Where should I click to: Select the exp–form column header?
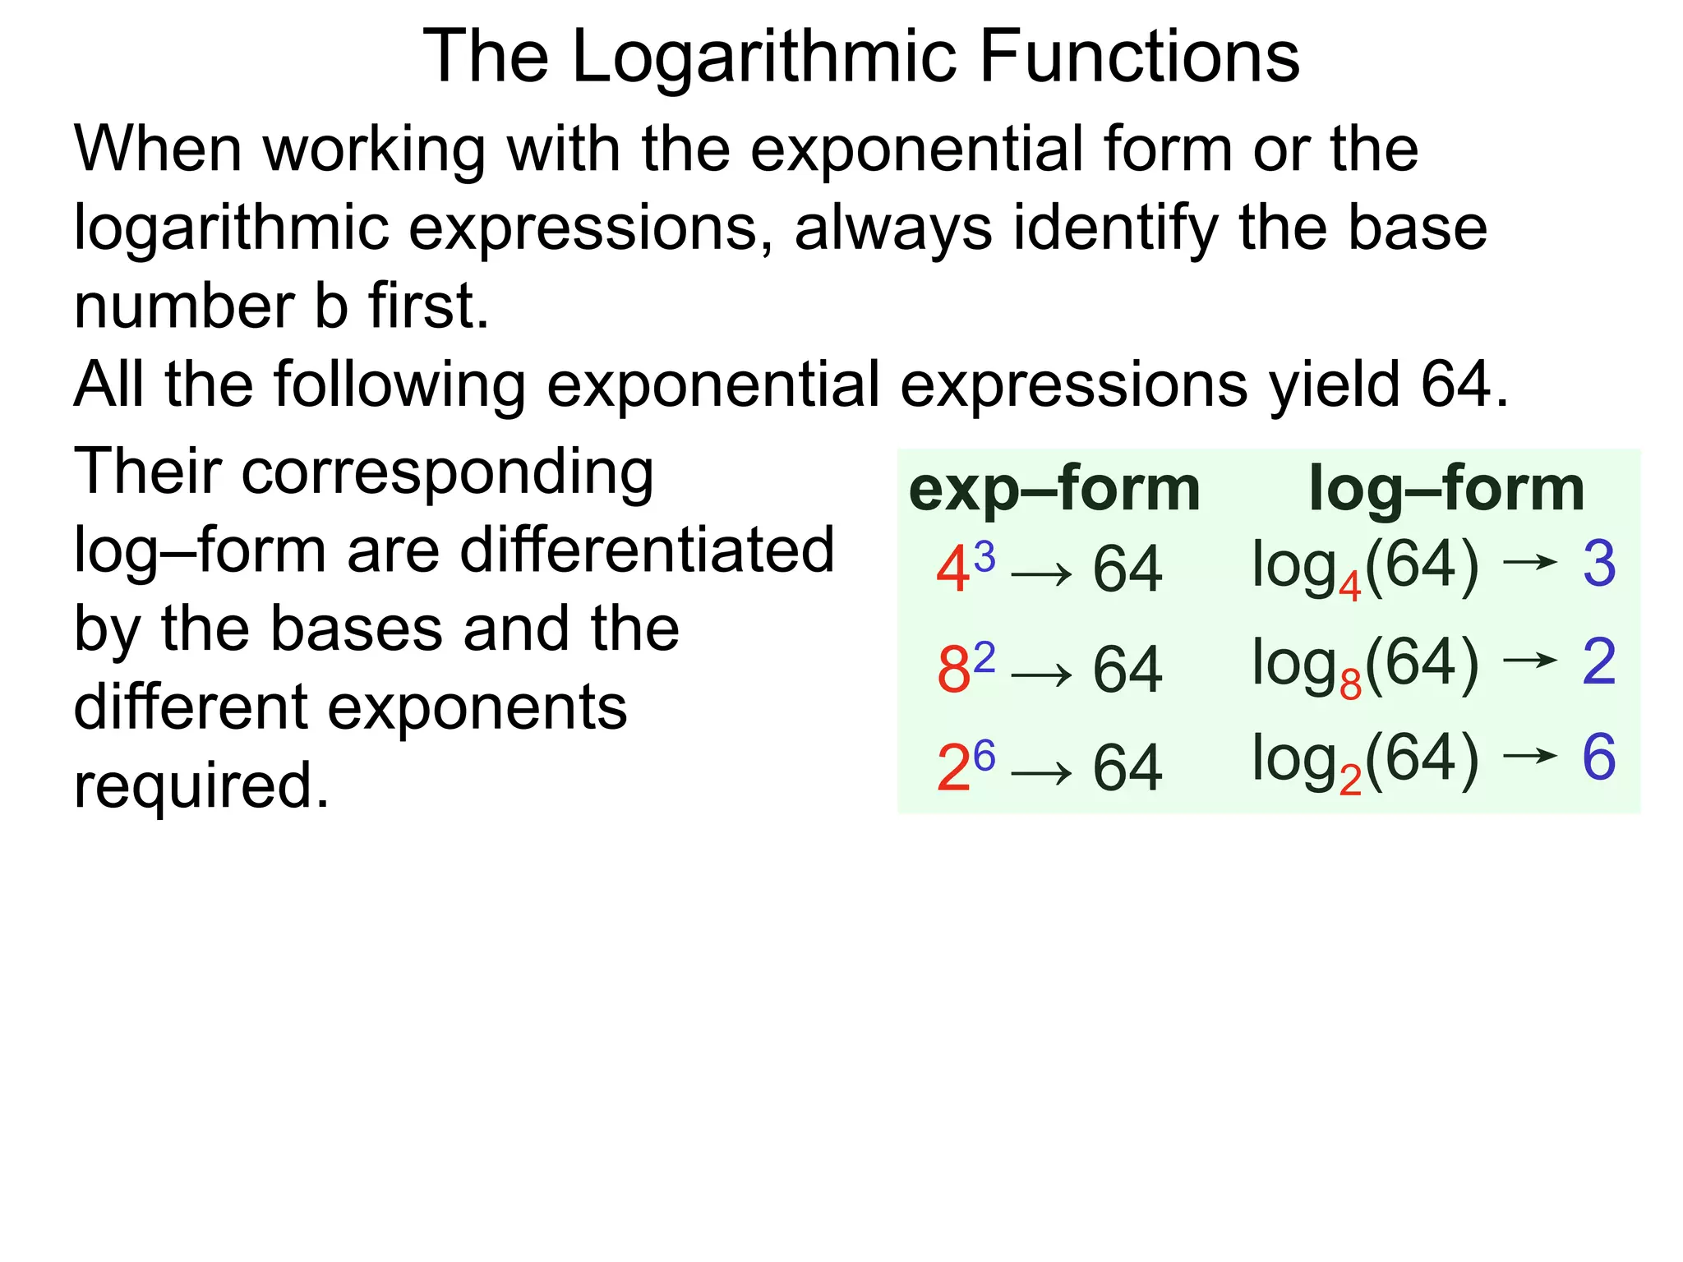point(1054,489)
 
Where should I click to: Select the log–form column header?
point(1446,489)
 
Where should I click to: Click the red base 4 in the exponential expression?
point(953,570)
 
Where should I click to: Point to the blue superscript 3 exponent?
point(984,557)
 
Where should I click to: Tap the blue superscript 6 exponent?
point(984,754)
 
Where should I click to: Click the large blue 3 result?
point(1599,564)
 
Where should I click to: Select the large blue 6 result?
point(1599,757)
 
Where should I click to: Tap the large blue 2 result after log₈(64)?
point(1599,661)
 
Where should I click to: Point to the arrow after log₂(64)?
point(1530,755)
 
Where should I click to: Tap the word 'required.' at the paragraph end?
point(201,785)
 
